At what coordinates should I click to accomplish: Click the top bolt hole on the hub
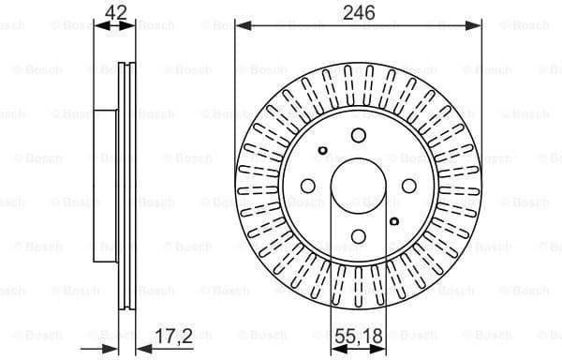(358, 136)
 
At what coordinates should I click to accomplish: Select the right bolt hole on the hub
(409, 187)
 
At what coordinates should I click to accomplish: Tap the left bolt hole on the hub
(306, 187)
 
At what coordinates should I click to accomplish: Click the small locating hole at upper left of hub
(322, 150)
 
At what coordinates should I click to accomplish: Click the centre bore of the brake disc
(358, 187)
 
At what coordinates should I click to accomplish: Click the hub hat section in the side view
(105, 187)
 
